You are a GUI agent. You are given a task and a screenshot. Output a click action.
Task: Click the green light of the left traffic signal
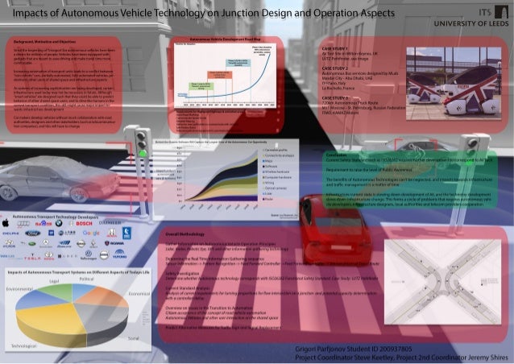143,151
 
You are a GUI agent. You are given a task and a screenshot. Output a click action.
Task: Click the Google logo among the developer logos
90,232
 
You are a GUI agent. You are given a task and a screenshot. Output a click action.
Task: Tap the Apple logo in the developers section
6,221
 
